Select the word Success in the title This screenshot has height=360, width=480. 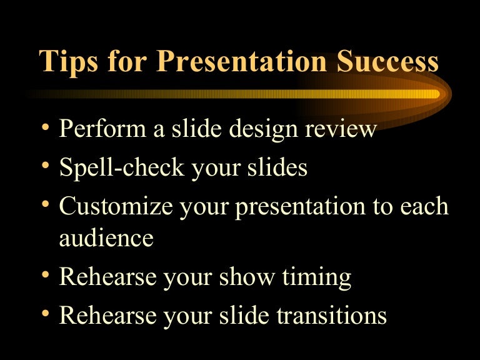click(x=387, y=62)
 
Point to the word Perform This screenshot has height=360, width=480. click(x=101, y=129)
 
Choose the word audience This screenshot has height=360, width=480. click(x=106, y=238)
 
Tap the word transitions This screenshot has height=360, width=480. click(x=334, y=316)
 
